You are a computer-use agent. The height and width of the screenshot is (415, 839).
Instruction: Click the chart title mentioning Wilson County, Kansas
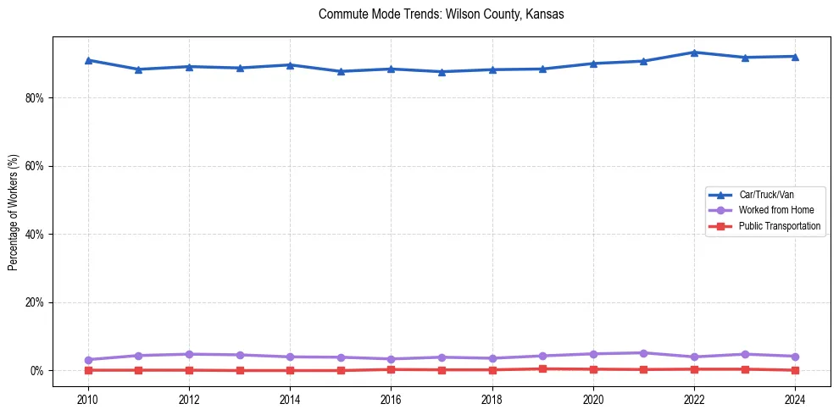click(x=441, y=14)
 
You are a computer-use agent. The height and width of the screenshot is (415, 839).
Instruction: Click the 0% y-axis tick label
click(x=35, y=371)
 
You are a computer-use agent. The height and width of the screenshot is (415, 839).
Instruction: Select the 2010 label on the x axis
click(x=87, y=398)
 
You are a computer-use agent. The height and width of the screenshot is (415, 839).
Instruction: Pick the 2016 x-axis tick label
click(x=391, y=398)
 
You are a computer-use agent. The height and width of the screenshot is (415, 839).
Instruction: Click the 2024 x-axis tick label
click(x=795, y=398)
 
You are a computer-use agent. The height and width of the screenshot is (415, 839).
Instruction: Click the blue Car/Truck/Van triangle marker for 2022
click(x=694, y=53)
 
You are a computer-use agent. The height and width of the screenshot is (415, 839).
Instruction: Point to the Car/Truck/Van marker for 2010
click(x=87, y=60)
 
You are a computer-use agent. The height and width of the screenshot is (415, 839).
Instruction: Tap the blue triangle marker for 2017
click(x=442, y=72)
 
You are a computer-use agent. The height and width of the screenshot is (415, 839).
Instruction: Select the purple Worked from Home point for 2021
click(x=643, y=353)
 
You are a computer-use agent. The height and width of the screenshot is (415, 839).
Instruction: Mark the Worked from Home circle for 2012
click(x=189, y=354)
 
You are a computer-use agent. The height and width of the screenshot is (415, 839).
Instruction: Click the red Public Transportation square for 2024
click(x=795, y=370)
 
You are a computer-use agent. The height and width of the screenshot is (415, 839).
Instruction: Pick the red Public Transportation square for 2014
click(x=290, y=370)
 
